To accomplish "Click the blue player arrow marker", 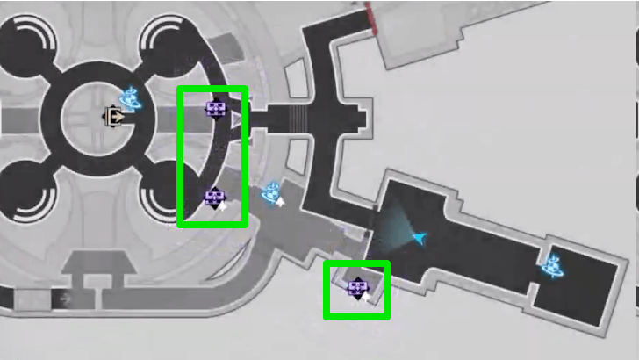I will click(422, 237).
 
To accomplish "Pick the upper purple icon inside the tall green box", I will click(215, 110).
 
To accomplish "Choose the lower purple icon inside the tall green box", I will click(213, 198).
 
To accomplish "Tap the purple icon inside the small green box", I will click(355, 286).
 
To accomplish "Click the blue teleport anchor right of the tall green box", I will click(271, 192).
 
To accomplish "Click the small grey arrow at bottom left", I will click(64, 299).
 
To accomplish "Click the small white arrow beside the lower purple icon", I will click(222, 207).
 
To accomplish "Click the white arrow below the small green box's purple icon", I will click(363, 297).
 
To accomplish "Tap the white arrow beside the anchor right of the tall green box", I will click(281, 201).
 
